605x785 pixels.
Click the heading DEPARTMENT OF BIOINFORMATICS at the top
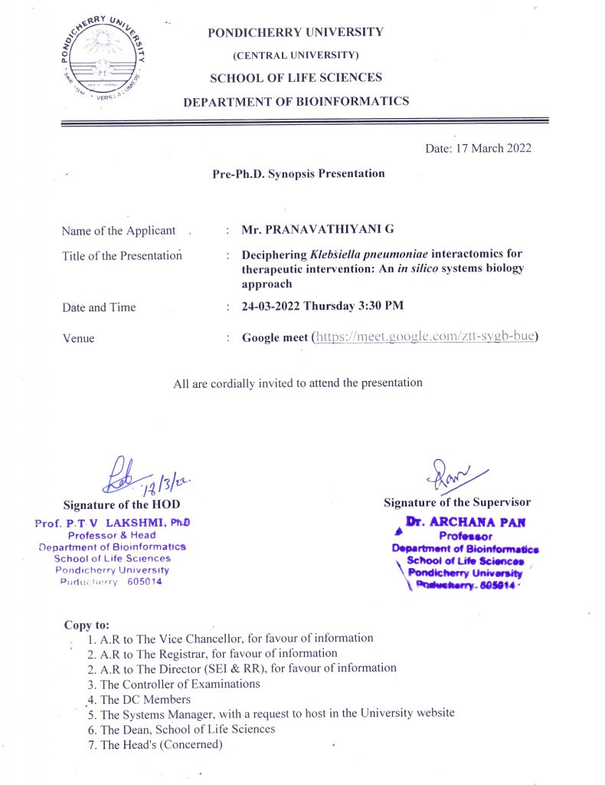[x=296, y=100]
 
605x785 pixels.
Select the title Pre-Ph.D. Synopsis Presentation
[x=299, y=173]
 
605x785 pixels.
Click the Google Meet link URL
[x=425, y=337]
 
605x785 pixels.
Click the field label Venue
[x=78, y=337]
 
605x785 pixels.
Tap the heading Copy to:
[x=87, y=625]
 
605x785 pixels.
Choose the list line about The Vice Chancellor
[x=230, y=638]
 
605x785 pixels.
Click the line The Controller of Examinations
[x=180, y=684]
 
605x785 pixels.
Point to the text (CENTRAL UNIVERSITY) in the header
[x=296, y=55]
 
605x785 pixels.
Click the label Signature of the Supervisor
[x=457, y=502]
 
